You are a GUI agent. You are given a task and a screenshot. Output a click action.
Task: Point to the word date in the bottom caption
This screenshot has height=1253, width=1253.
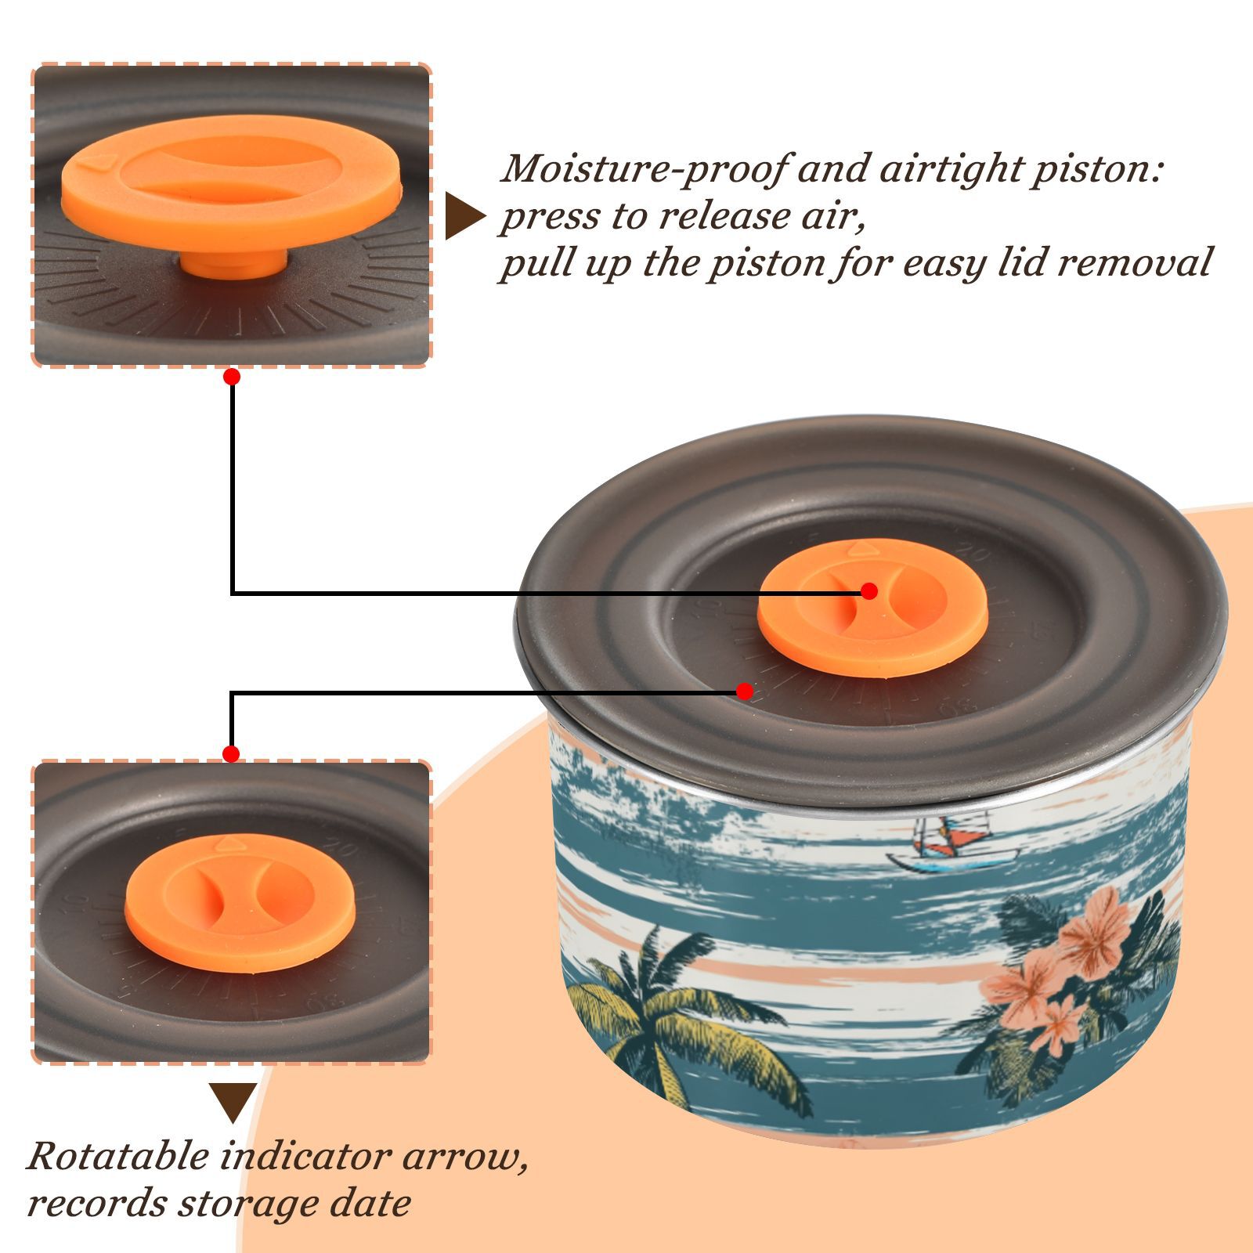370,1203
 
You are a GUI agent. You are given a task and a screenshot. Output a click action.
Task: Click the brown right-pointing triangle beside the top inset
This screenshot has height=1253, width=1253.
465,216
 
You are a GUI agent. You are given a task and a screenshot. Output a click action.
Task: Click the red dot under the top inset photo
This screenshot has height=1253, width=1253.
231,377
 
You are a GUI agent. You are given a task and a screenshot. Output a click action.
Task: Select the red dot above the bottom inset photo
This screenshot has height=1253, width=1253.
231,754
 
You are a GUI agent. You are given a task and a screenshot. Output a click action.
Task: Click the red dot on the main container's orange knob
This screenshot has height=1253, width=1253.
868,591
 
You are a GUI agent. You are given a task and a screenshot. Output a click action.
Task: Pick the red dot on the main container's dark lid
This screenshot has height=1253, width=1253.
745,691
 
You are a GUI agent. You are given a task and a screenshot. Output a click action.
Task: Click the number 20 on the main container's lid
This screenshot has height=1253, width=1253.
973,554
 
